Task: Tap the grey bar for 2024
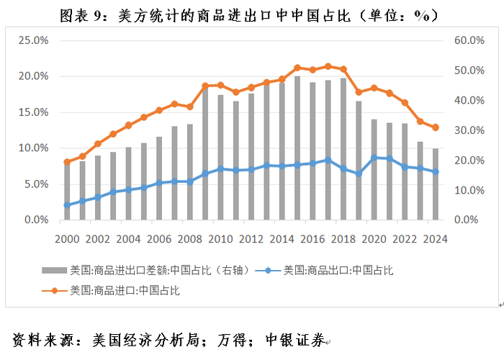click(x=436, y=184)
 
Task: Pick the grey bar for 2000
click(x=67, y=191)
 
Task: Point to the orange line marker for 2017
click(x=328, y=66)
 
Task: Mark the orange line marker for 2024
click(x=436, y=127)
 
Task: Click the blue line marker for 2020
click(x=374, y=158)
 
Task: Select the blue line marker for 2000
click(x=67, y=205)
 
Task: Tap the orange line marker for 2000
click(x=67, y=162)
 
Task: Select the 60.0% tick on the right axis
click(x=469, y=40)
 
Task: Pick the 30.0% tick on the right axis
click(x=469, y=130)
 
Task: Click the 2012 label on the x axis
click(x=251, y=239)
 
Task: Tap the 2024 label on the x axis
click(x=436, y=239)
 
